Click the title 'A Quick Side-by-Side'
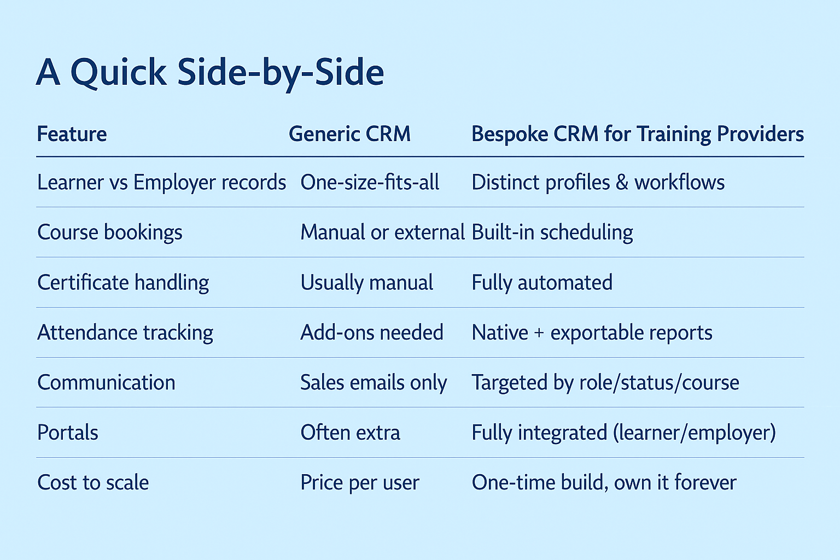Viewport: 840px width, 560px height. [x=210, y=73]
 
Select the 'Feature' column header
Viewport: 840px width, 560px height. [x=72, y=134]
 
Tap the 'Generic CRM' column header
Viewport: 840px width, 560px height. [x=349, y=134]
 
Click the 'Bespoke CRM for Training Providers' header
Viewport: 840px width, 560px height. [x=638, y=135]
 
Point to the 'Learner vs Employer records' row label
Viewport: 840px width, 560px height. [x=162, y=183]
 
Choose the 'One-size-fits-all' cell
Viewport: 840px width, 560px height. [x=370, y=183]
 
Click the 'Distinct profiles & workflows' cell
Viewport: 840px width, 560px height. [x=598, y=183]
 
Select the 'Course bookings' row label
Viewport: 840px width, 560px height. [x=110, y=232]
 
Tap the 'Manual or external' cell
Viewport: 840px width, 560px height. [x=382, y=232]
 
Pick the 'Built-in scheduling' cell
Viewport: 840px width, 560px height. [x=552, y=232]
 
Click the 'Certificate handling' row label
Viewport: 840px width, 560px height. [x=123, y=282]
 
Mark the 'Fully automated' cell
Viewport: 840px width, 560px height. [x=542, y=283]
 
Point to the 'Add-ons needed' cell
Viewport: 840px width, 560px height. [x=372, y=332]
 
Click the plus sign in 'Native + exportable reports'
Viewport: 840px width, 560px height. [x=539, y=333]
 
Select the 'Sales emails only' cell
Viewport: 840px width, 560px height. [x=374, y=383]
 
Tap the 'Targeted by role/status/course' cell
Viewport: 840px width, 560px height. [x=605, y=383]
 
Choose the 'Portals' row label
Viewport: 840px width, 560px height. [x=67, y=433]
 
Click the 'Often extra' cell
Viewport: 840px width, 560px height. [x=350, y=433]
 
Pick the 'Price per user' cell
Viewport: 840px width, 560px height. [x=360, y=483]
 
